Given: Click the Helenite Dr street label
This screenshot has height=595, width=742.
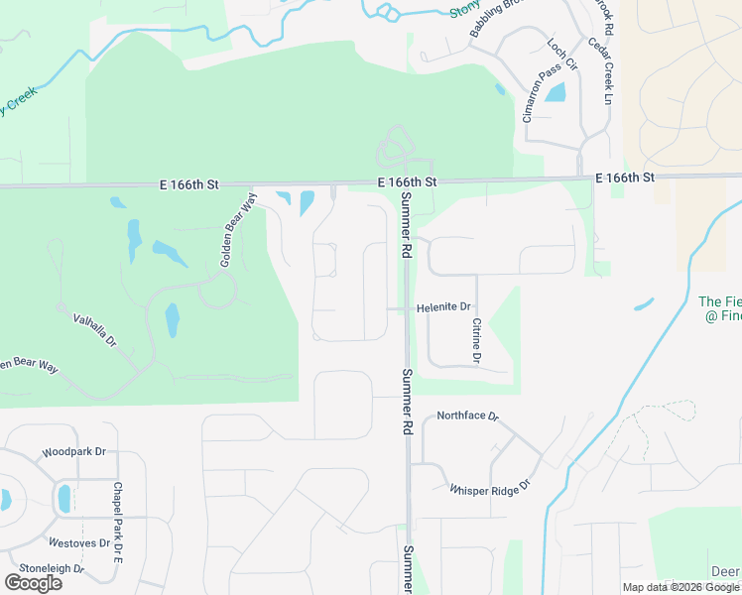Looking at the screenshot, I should pos(443,308).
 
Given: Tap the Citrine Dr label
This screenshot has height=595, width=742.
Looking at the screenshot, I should pos(477,340).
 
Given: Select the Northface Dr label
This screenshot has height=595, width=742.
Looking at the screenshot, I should pos(466,416).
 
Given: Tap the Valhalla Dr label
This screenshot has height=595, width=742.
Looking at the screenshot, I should pos(95,329).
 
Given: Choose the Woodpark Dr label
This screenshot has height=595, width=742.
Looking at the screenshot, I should pos(73,452).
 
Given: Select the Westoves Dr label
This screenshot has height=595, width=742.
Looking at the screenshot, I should pos(79,543).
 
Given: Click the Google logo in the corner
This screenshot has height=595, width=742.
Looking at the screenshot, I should pos(33,583).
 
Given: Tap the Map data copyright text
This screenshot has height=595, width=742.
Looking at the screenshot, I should pos(681,587).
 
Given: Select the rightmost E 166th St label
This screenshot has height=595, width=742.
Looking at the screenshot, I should pos(625,178).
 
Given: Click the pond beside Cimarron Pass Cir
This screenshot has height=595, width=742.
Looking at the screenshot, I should pos(556,94).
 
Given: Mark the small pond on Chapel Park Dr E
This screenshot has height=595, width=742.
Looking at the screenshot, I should pos(65,498).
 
